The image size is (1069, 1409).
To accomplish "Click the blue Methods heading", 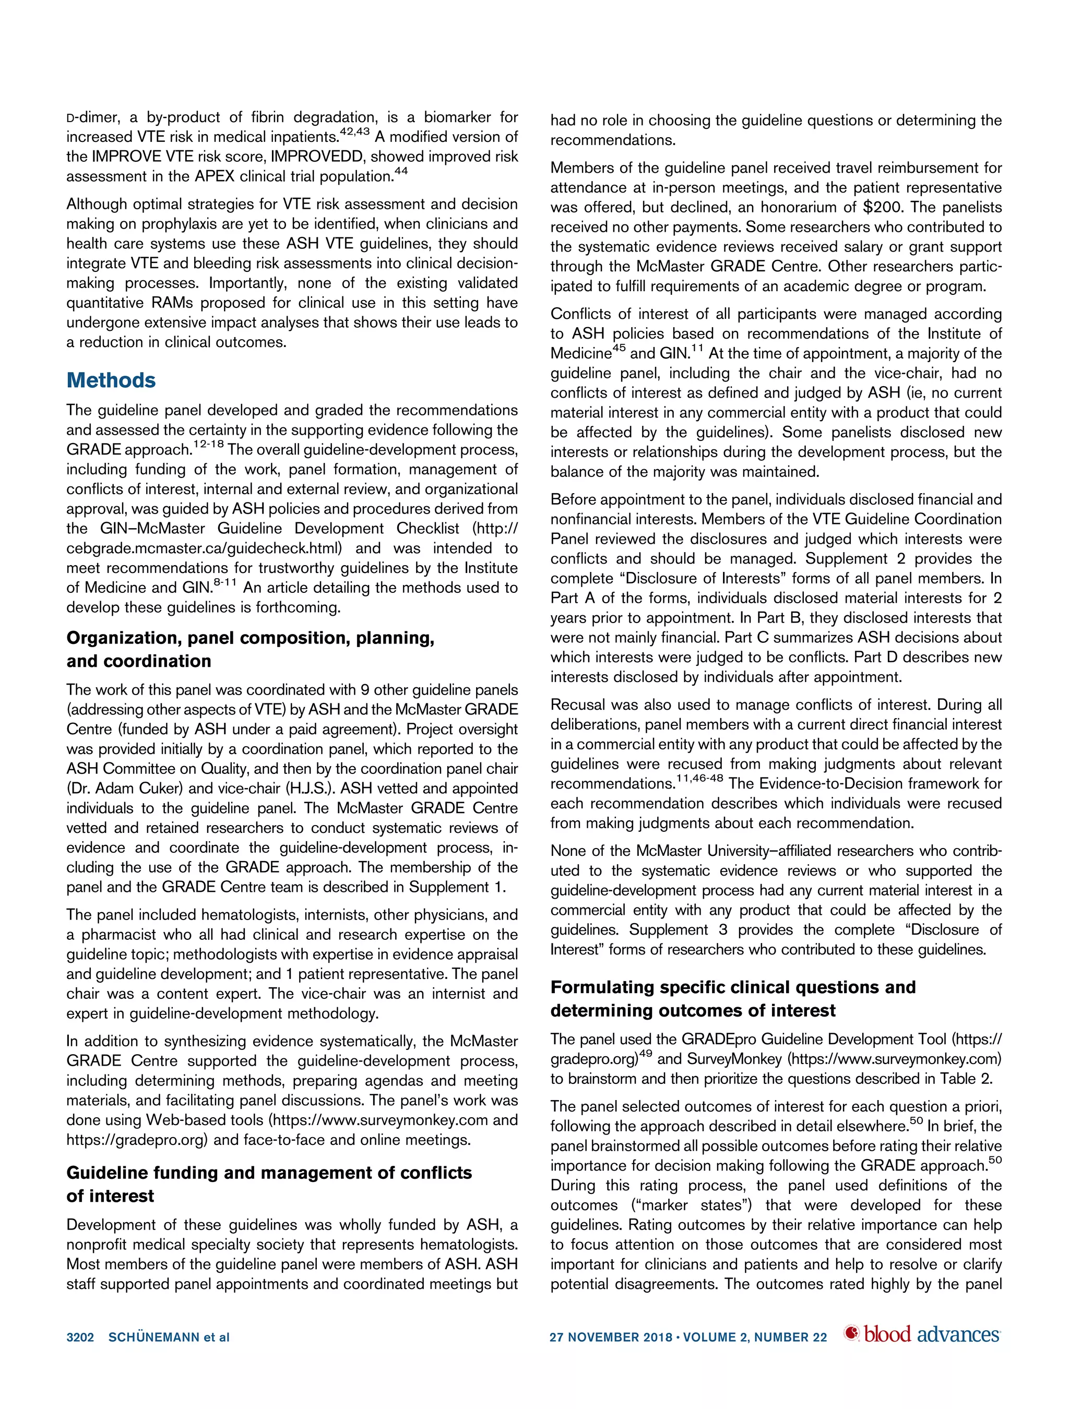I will (x=111, y=380).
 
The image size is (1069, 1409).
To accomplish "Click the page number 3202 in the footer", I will (x=80, y=1336).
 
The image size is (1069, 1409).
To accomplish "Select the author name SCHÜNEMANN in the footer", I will (x=153, y=1336).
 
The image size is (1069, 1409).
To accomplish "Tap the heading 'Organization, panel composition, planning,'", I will (x=250, y=638).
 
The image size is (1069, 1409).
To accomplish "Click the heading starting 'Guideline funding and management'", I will (x=269, y=1173).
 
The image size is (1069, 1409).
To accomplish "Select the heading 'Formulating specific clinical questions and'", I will (x=733, y=987).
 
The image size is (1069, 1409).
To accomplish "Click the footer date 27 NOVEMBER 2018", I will (x=611, y=1336).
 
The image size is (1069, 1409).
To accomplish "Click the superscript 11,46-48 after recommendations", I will (x=699, y=779).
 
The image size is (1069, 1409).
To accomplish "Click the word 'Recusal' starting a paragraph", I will (x=577, y=705).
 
